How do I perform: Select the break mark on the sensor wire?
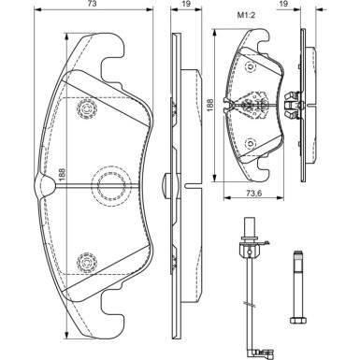click(247, 304)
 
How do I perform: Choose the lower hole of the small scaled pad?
click(250, 142)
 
